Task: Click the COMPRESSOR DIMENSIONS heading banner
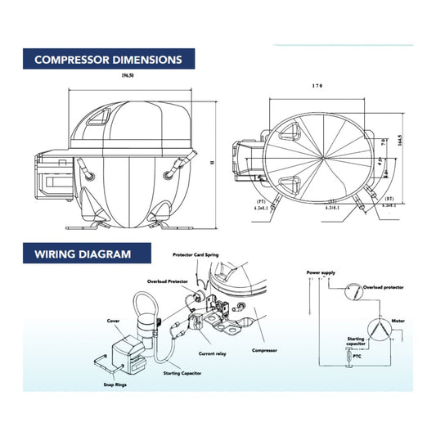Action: [x=108, y=60]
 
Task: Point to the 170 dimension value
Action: [x=317, y=85]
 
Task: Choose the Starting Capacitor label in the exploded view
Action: [x=182, y=373]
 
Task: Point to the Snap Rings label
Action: [x=115, y=383]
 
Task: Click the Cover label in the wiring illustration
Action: [x=114, y=321]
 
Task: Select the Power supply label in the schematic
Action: [x=320, y=271]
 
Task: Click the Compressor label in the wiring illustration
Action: [x=264, y=350]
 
